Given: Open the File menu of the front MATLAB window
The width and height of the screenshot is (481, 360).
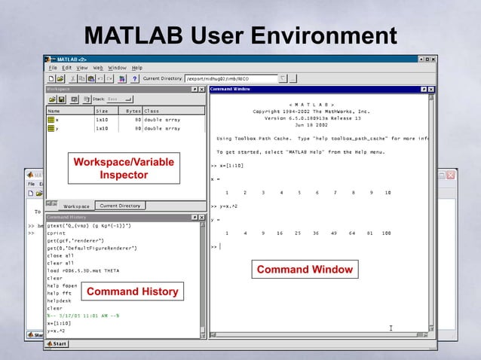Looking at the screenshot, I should pyautogui.click(x=54, y=68).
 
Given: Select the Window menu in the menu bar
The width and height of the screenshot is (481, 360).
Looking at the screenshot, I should pyautogui.click(x=116, y=68).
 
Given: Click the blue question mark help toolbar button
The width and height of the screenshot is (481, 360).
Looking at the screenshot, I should pyautogui.click(x=133, y=78).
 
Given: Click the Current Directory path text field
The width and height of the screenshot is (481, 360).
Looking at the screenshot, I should pyautogui.click(x=230, y=78).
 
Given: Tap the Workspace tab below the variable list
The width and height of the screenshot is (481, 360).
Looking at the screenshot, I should pyautogui.click(x=76, y=206).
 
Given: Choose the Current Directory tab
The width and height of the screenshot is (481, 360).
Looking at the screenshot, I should pyautogui.click(x=120, y=205).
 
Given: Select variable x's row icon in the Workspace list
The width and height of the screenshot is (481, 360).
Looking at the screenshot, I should pyautogui.click(x=51, y=119).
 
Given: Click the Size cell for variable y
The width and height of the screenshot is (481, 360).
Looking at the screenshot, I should pyautogui.click(x=102, y=128).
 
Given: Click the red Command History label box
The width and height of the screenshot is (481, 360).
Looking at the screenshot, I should pyautogui.click(x=133, y=291).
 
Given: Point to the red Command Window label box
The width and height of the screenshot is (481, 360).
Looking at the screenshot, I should pyautogui.click(x=304, y=270).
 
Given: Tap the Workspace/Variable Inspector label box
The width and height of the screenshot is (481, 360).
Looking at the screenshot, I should pyautogui.click(x=124, y=169).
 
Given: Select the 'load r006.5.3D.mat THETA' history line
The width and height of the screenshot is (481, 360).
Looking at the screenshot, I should pyautogui.click(x=83, y=270).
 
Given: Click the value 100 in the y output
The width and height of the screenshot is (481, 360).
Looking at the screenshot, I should pyautogui.click(x=386, y=233).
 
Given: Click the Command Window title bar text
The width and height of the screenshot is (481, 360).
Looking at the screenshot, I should pyautogui.click(x=231, y=89).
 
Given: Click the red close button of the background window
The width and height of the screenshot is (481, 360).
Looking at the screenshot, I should pyautogui.click(x=451, y=175).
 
